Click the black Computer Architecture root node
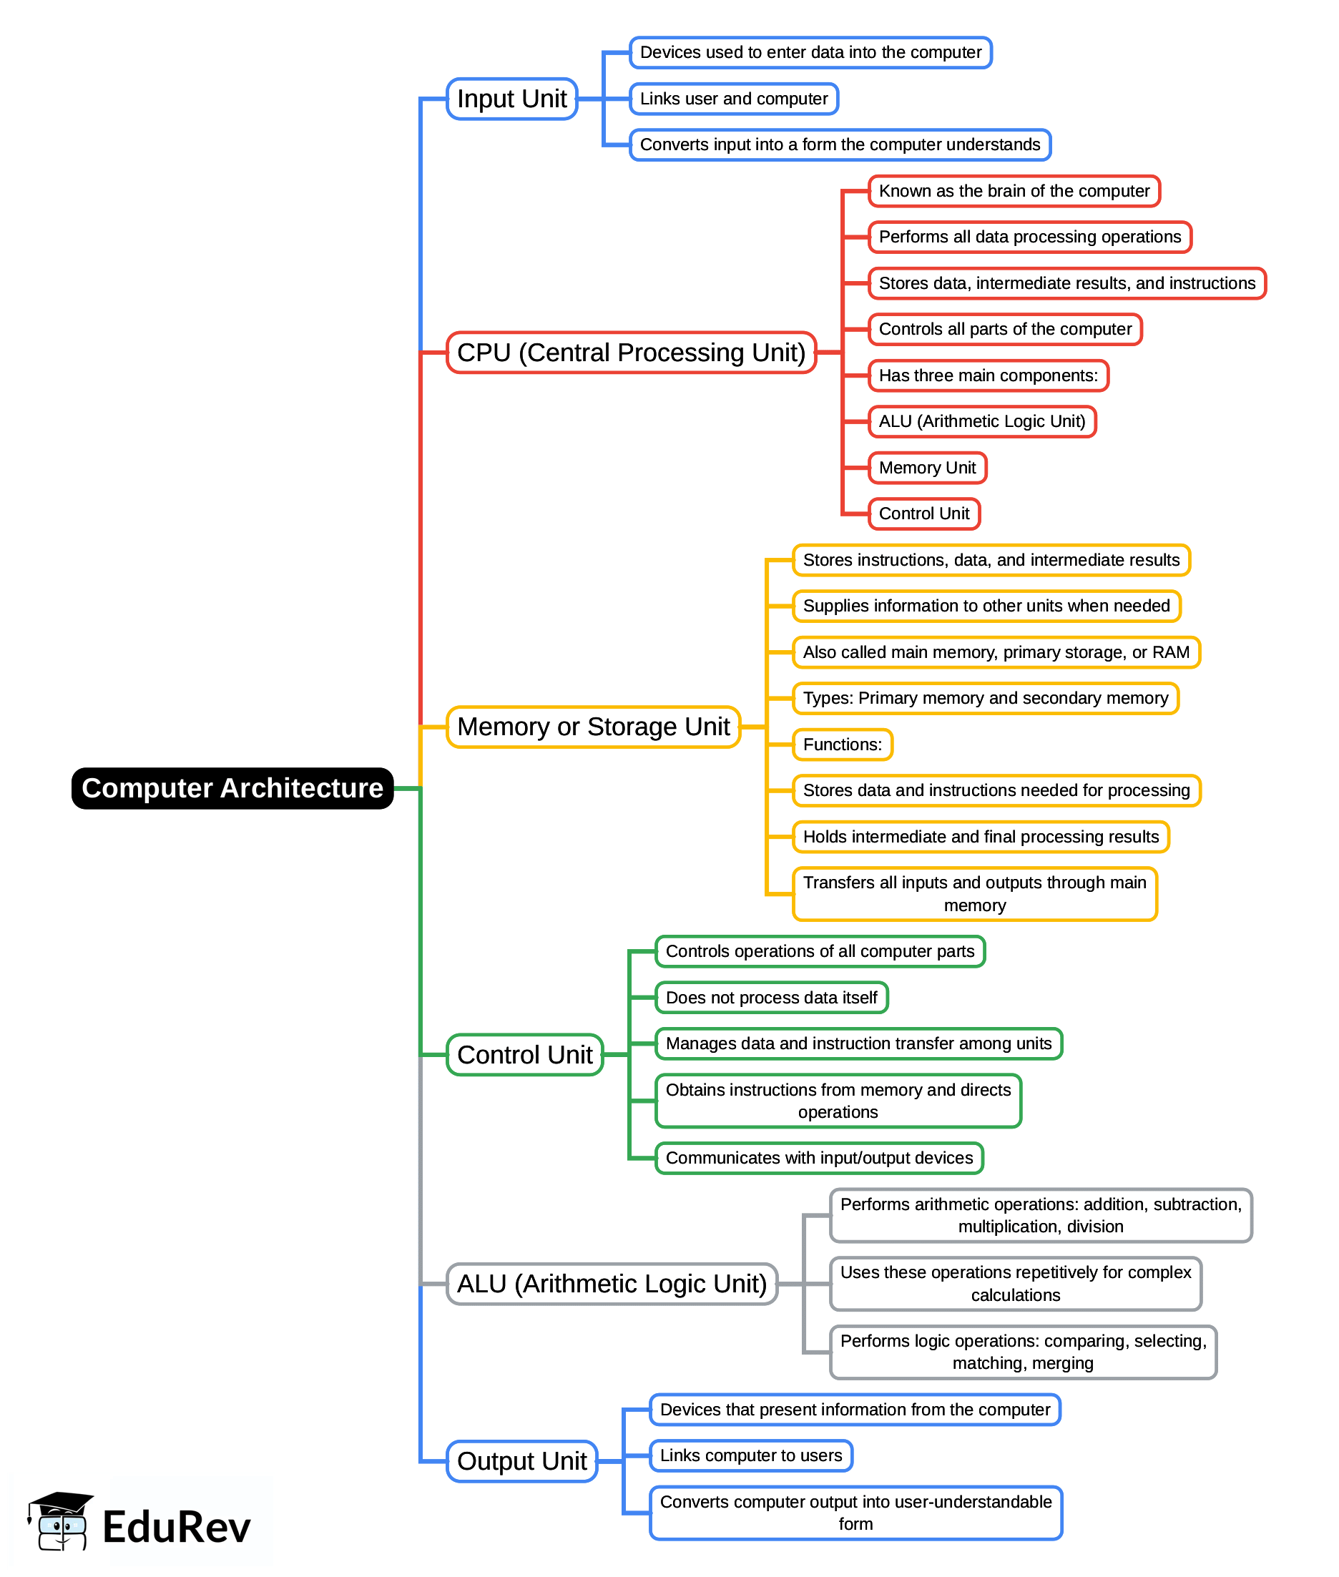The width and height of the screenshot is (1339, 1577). pyautogui.click(x=232, y=787)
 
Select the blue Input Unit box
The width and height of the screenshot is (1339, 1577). pyautogui.click(x=511, y=99)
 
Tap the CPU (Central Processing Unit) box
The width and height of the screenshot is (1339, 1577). pyautogui.click(x=631, y=352)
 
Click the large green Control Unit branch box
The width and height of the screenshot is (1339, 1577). pyautogui.click(x=524, y=1054)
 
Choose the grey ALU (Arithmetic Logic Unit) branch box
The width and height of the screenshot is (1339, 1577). pyautogui.click(x=612, y=1283)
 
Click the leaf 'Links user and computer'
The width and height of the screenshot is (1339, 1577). pyautogui.click(x=733, y=99)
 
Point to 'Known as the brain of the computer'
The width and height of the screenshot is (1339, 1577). pyautogui.click(x=1014, y=190)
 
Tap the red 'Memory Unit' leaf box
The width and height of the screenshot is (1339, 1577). pyautogui.click(x=927, y=468)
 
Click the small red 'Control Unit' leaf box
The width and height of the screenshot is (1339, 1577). pyautogui.click(x=924, y=513)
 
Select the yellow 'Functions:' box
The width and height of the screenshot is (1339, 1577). pyautogui.click(x=842, y=744)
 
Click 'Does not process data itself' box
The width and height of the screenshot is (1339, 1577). pyautogui.click(x=771, y=997)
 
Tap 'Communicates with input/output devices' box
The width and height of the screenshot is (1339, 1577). pyautogui.click(x=819, y=1157)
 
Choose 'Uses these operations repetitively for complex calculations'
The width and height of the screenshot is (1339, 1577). pyautogui.click(x=1015, y=1283)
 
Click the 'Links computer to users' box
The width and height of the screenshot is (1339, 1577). pyautogui.click(x=751, y=1455)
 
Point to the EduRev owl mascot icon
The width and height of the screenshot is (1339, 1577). pyautogui.click(x=61, y=1522)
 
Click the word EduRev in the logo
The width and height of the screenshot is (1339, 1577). pyautogui.click(x=176, y=1527)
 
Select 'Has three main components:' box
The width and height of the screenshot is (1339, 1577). pyautogui.click(x=988, y=375)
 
